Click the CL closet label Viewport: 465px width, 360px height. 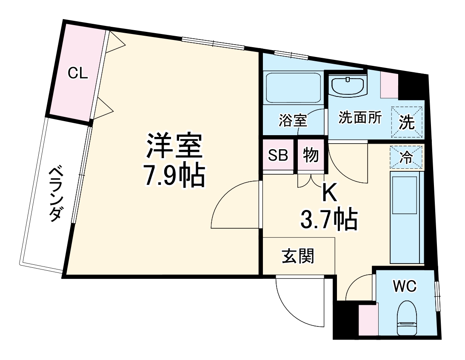(78, 74)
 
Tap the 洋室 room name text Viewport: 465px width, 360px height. (174, 146)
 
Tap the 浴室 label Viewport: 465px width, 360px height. (293, 120)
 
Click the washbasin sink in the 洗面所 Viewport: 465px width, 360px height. (348, 86)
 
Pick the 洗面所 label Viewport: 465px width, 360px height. (360, 117)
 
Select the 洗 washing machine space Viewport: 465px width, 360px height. (407, 122)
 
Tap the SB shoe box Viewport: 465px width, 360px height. (278, 156)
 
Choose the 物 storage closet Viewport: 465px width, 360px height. (311, 156)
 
